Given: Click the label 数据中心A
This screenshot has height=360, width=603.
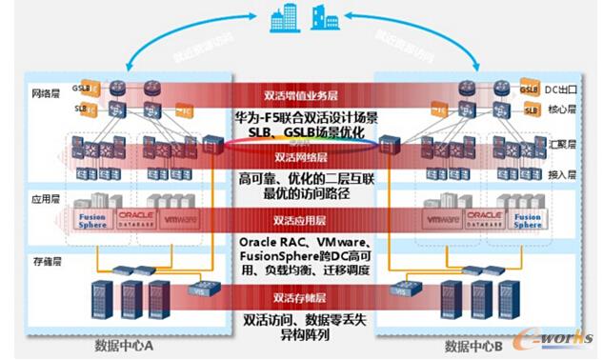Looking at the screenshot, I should click(x=124, y=345).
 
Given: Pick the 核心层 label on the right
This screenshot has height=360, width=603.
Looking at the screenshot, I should click(x=562, y=109).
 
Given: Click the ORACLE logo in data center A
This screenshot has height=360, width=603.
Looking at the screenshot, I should click(x=141, y=218).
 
